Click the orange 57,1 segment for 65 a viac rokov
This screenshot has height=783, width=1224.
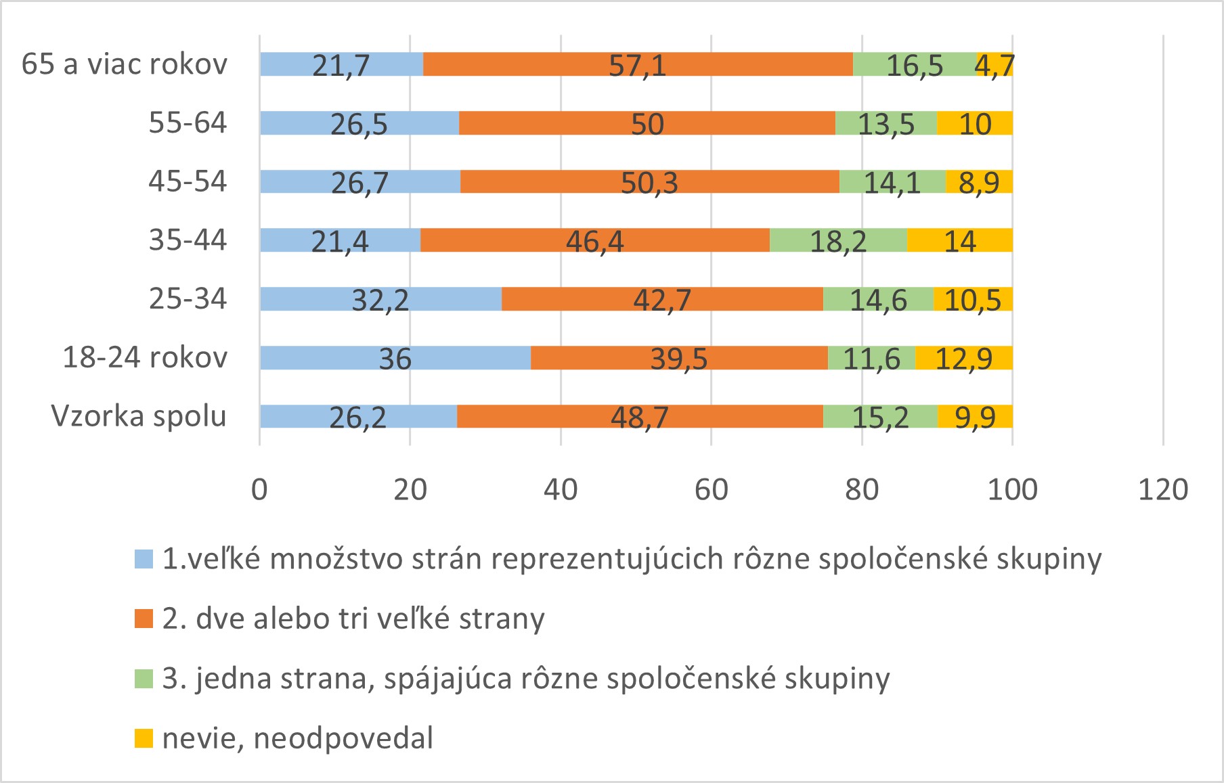click(x=638, y=64)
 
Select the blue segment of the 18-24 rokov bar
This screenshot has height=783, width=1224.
click(x=395, y=357)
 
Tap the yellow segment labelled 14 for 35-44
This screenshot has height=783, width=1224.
click(x=959, y=240)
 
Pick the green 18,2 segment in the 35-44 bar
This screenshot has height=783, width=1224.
click(x=838, y=240)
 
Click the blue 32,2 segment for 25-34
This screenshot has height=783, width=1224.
click(x=380, y=299)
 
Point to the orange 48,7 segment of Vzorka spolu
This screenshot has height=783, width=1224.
click(x=640, y=416)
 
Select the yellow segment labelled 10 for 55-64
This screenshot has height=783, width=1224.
click(x=975, y=123)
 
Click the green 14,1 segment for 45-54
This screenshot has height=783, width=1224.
click(x=892, y=182)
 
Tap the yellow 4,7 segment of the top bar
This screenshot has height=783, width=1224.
click(x=995, y=64)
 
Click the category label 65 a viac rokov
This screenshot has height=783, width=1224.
click(x=125, y=64)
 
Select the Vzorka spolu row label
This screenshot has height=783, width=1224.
click(x=139, y=416)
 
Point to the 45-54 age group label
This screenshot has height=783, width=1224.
click(x=188, y=181)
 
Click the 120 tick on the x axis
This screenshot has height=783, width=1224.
click(x=1163, y=489)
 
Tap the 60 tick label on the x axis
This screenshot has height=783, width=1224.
click(x=711, y=489)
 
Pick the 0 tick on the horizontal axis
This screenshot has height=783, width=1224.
click(x=259, y=489)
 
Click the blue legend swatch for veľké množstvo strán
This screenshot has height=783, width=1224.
click(x=144, y=559)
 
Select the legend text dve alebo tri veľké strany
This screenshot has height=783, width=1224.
click(x=353, y=619)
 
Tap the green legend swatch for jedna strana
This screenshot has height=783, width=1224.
click(x=144, y=679)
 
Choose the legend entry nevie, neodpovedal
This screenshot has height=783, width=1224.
click(x=298, y=738)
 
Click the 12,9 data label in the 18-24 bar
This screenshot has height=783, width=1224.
click(x=963, y=358)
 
